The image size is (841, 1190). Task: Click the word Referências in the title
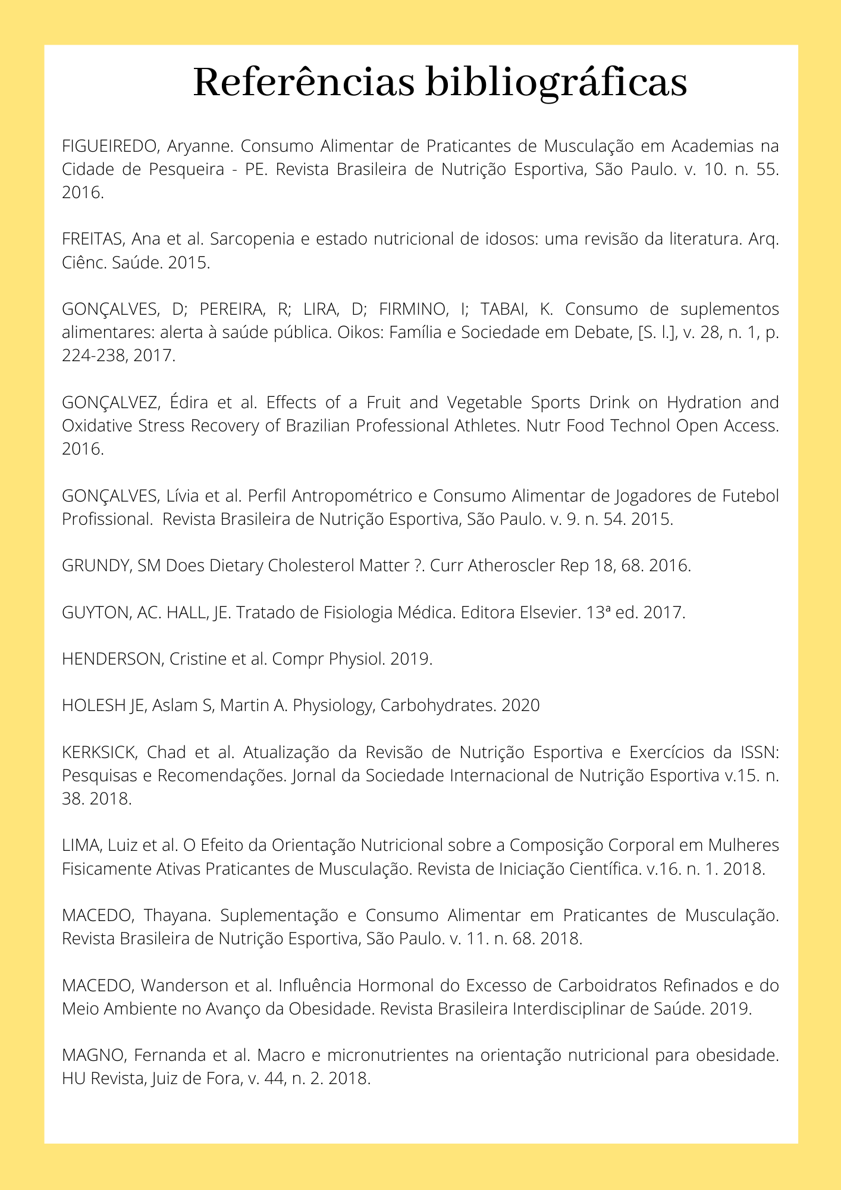pos(303,82)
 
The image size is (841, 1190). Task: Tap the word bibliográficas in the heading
pos(556,83)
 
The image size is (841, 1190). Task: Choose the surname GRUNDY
pos(95,566)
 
